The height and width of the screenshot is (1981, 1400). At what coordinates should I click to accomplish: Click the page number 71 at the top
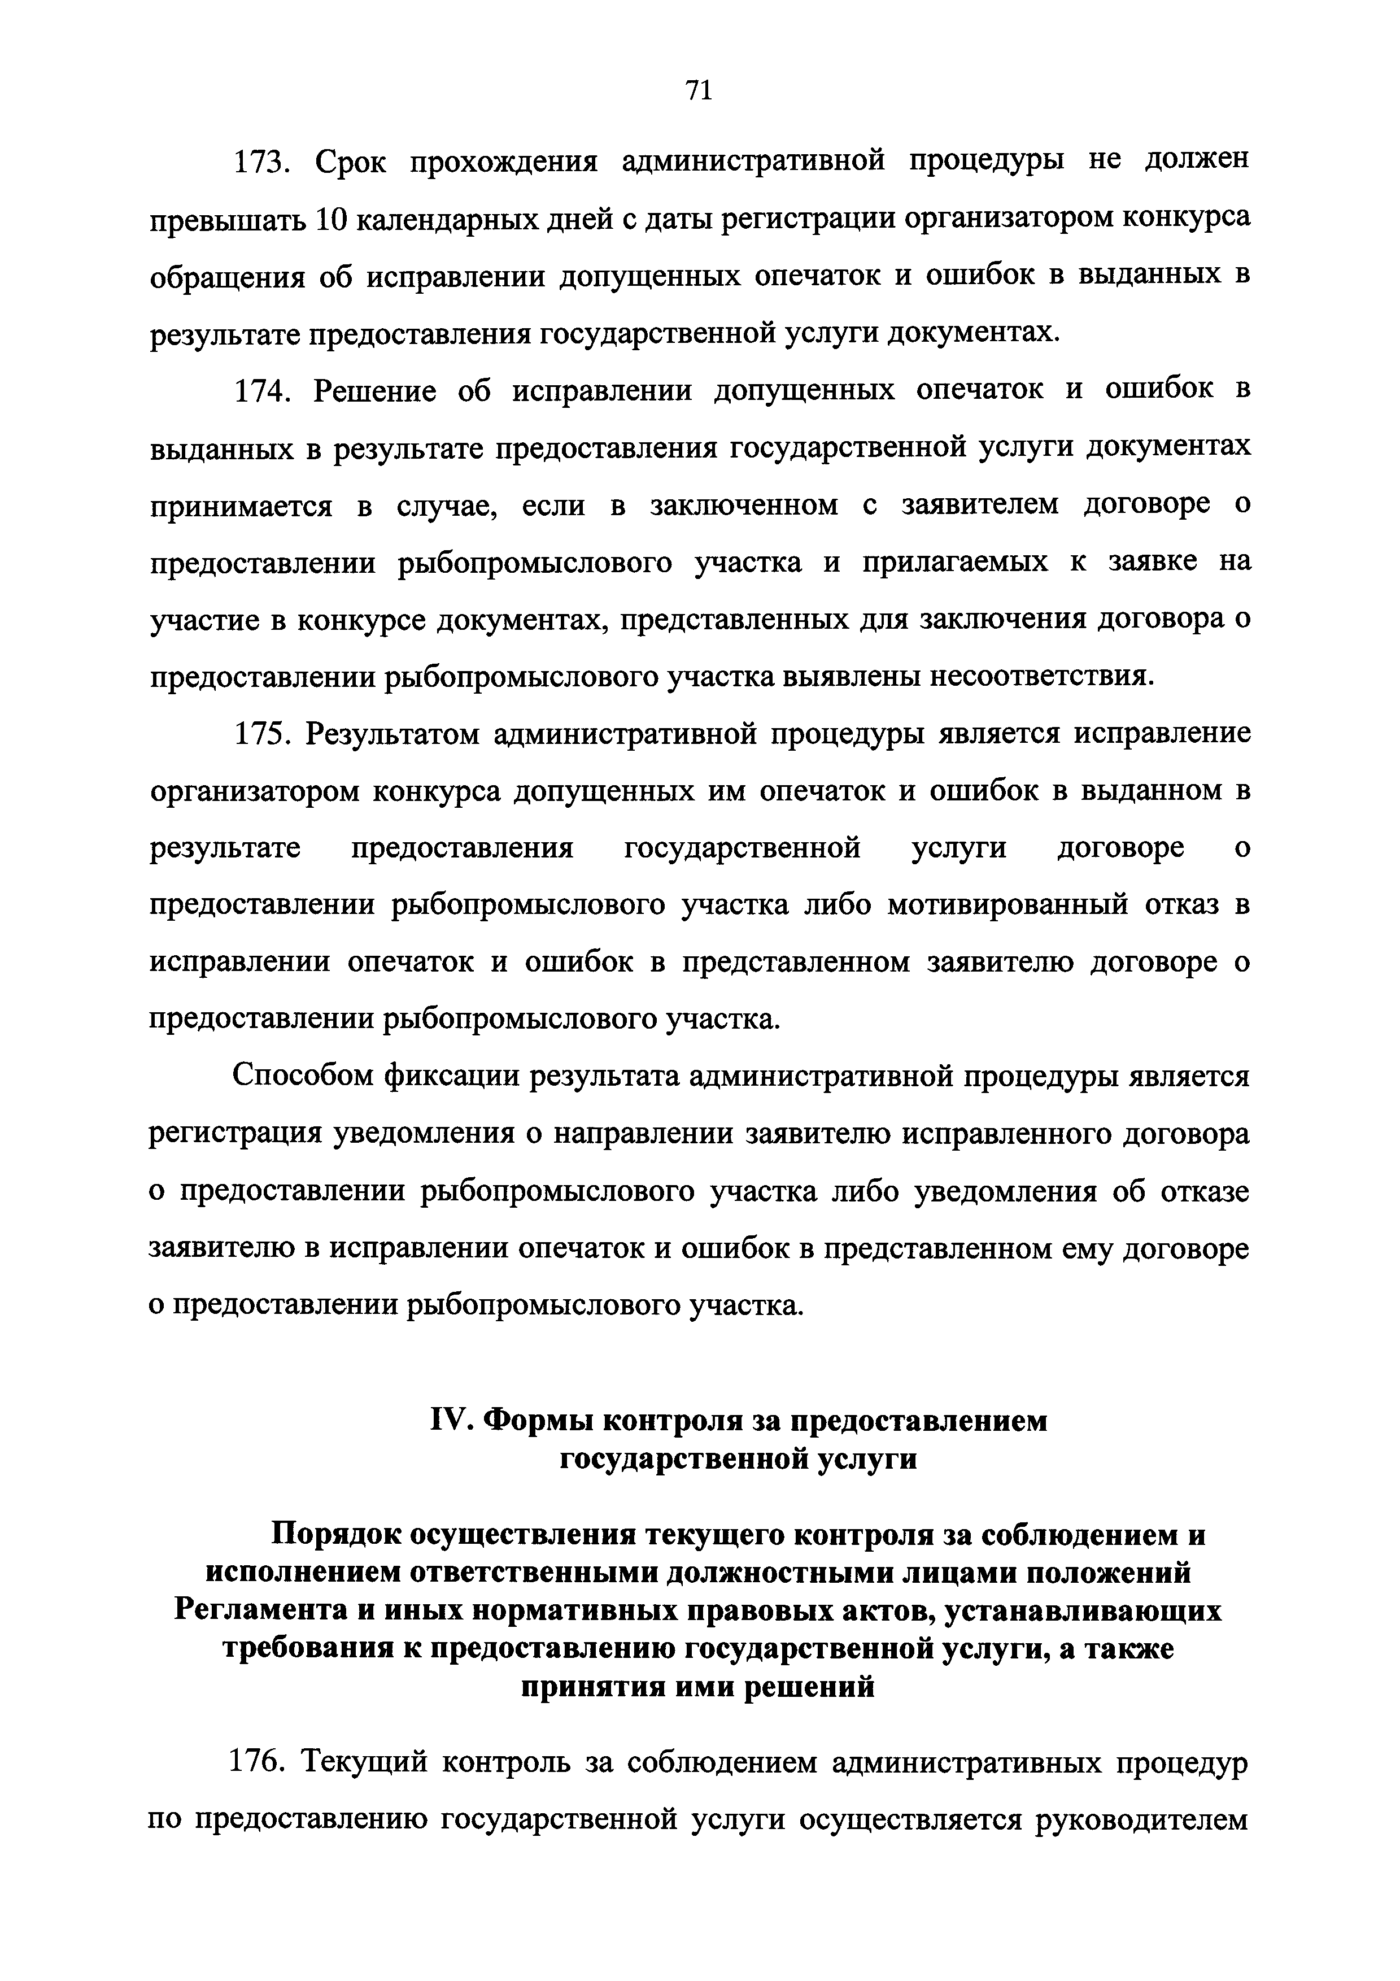pyautogui.click(x=698, y=90)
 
